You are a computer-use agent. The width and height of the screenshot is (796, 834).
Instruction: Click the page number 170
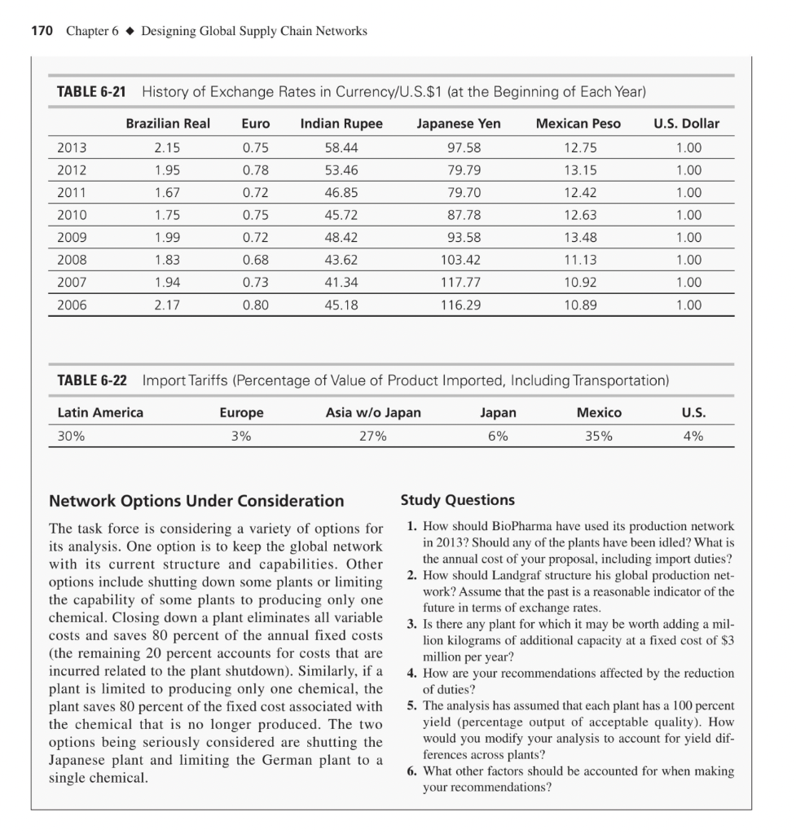(x=42, y=31)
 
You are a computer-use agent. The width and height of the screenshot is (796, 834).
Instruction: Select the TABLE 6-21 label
(x=90, y=91)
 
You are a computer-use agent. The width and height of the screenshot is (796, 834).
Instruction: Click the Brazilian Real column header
(x=168, y=124)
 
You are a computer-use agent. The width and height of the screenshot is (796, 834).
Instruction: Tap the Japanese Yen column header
(x=459, y=124)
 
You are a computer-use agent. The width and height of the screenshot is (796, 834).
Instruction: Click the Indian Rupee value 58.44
(x=341, y=148)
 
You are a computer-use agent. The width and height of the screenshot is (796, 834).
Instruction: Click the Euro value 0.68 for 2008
(x=257, y=261)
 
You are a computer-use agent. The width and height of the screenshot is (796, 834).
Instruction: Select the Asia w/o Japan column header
(x=373, y=413)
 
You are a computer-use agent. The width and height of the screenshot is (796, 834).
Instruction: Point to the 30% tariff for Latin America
(x=72, y=436)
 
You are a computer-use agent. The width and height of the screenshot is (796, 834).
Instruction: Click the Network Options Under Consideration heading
(x=196, y=500)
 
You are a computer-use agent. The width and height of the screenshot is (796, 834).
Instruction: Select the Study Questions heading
(x=457, y=499)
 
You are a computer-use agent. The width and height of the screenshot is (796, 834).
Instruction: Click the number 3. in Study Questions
(x=411, y=625)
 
